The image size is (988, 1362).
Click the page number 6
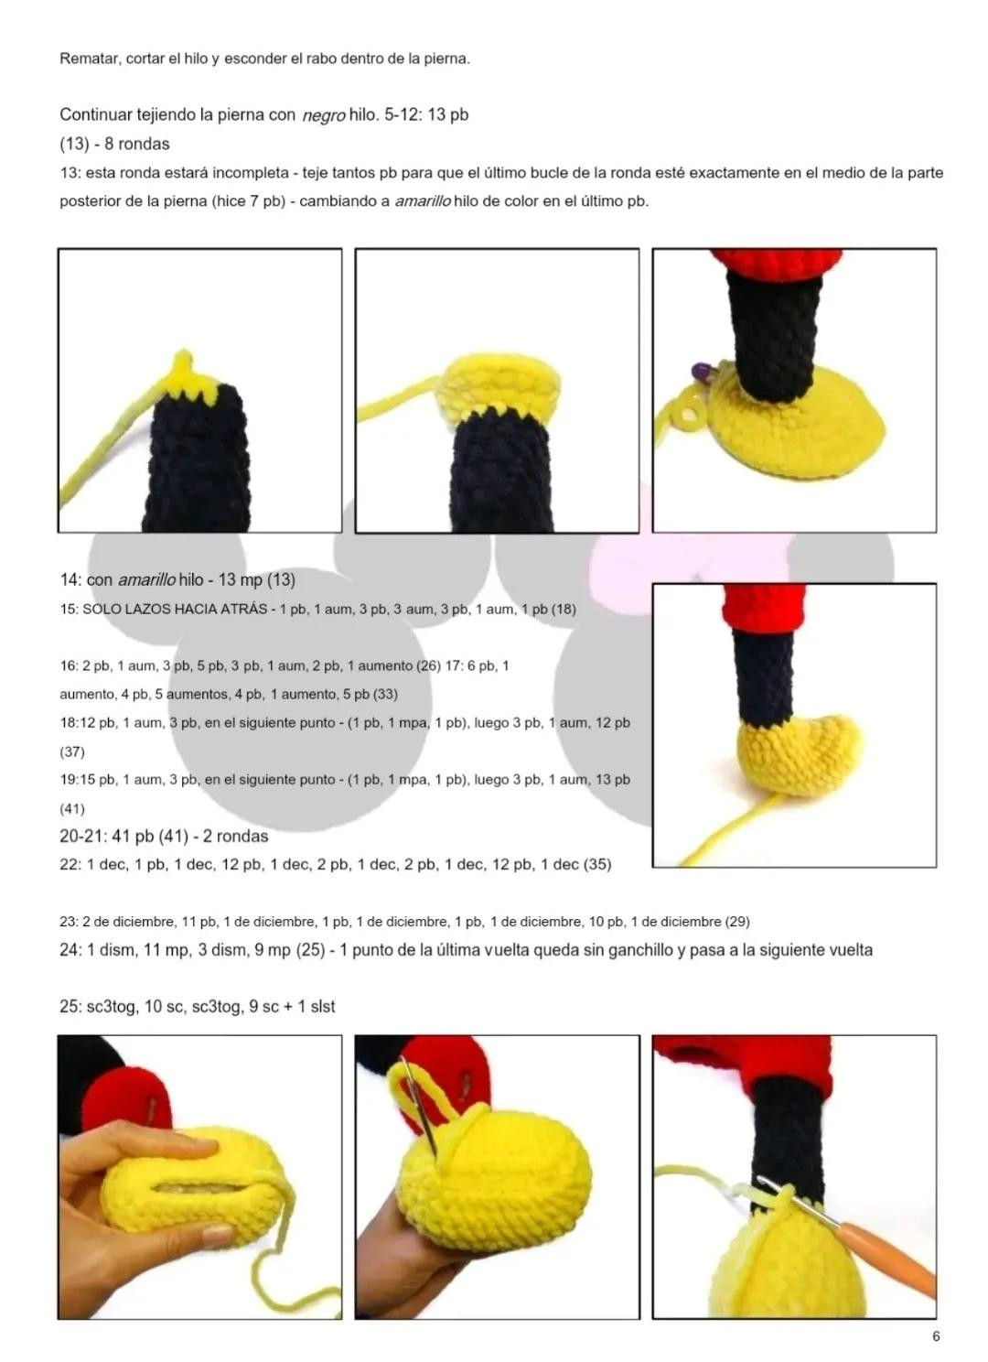pyautogui.click(x=936, y=1336)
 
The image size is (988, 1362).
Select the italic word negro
pyautogui.click(x=323, y=115)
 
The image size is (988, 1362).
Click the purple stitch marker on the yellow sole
pyautogui.click(x=702, y=370)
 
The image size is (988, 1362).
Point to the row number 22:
pyautogui.click(x=70, y=864)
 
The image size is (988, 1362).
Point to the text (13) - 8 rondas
pyautogui.click(x=114, y=144)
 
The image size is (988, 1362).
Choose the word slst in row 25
pyautogui.click(x=323, y=1007)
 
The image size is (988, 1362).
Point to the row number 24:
pyautogui.click(x=70, y=950)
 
